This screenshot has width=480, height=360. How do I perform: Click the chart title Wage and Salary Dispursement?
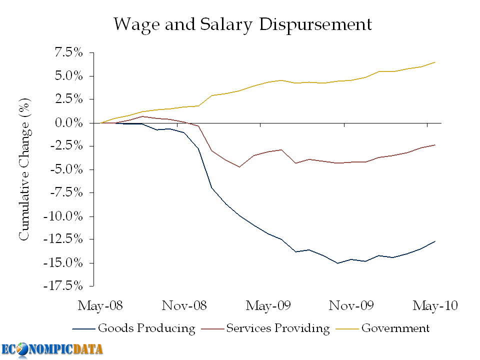tap(242, 24)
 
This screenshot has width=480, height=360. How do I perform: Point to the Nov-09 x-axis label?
tap(349, 305)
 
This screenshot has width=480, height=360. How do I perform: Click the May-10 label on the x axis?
tap(435, 305)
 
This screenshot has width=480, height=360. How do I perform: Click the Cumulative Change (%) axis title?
tap(24, 169)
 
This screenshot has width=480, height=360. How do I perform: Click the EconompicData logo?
tap(52, 349)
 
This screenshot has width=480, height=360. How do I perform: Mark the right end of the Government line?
tap(435, 62)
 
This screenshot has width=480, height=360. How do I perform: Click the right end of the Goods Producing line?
tap(435, 241)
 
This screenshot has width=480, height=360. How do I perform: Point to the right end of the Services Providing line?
tap(435, 145)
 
